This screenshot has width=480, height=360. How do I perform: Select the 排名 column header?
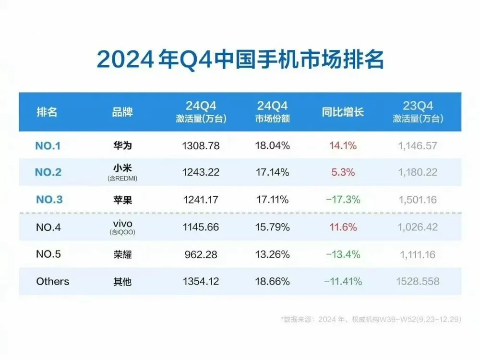point(47,112)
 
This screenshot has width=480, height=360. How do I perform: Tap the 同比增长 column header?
point(343,112)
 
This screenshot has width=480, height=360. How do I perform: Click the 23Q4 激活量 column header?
point(418,112)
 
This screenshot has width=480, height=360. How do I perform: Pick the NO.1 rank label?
point(48,145)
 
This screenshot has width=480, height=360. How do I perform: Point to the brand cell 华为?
point(120,145)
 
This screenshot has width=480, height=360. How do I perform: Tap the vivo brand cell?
point(120,224)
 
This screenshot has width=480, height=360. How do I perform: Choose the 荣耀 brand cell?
point(120,254)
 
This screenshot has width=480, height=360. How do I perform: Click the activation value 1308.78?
point(201,145)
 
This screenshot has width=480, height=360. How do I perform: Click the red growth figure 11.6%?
point(343,227)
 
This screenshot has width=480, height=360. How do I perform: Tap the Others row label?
point(53,281)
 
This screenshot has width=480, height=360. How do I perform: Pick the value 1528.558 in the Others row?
point(418,281)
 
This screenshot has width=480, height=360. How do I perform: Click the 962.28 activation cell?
point(201,254)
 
